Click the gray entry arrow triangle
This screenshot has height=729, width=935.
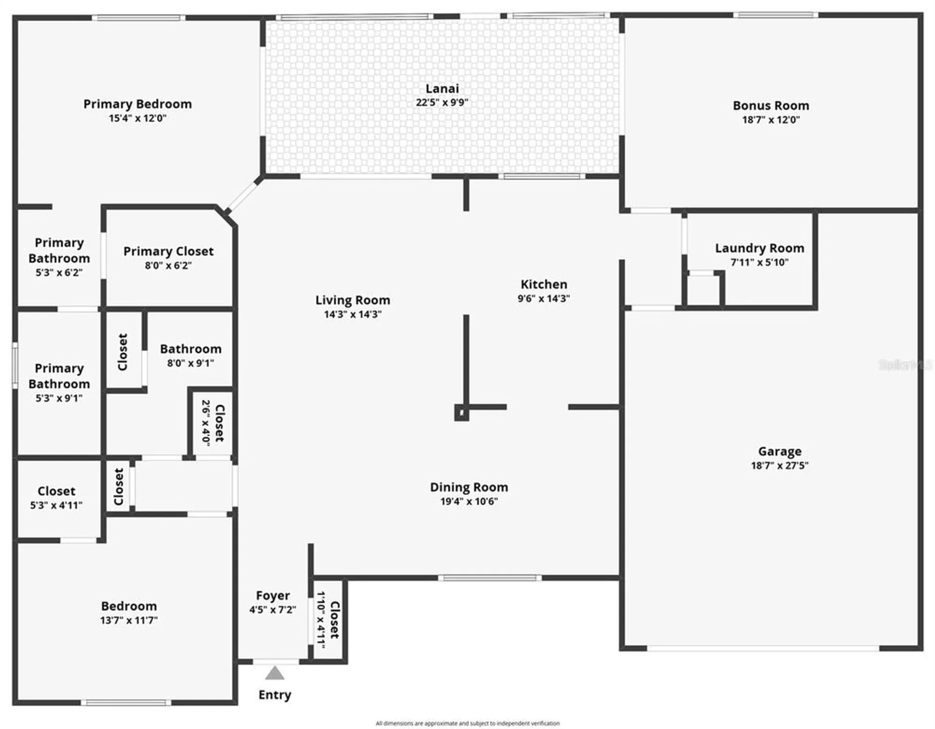(x=275, y=674)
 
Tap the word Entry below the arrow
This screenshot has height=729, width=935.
(x=275, y=695)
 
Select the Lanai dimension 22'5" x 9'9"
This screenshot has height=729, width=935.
(x=441, y=103)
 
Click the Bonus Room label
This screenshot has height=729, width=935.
(x=771, y=105)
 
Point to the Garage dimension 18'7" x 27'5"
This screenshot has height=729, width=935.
(x=779, y=466)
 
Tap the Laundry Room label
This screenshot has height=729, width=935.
(x=759, y=248)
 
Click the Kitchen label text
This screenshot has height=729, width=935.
(x=544, y=284)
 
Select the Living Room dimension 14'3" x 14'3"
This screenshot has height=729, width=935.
(x=353, y=314)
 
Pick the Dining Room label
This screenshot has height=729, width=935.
(x=469, y=487)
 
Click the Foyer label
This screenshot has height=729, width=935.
(x=273, y=596)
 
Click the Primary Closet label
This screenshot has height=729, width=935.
(x=168, y=251)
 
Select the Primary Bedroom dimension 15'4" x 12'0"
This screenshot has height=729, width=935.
(x=138, y=118)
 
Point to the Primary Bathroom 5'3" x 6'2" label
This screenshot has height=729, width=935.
(x=59, y=258)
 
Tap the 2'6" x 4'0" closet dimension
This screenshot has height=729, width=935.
(x=206, y=423)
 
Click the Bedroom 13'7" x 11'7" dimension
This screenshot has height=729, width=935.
(x=129, y=620)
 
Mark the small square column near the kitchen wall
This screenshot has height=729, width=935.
(x=461, y=413)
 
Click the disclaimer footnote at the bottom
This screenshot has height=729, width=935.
(x=467, y=723)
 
